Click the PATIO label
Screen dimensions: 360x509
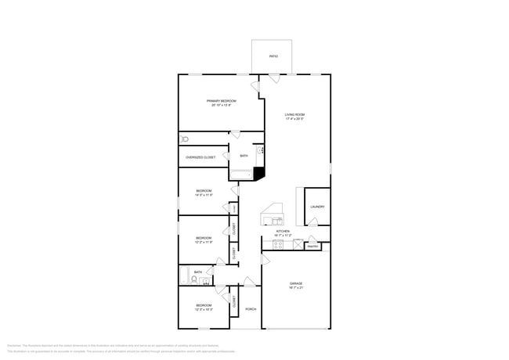pyautogui.click(x=273, y=56)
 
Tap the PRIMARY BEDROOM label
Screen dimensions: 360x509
pyautogui.click(x=222, y=101)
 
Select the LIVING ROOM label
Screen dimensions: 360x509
pyautogui.click(x=295, y=116)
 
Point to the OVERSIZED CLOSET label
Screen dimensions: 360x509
pyautogui.click(x=200, y=157)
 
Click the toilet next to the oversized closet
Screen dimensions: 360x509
pyautogui.click(x=185, y=139)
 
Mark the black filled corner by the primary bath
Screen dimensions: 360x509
pyautogui.click(x=259, y=175)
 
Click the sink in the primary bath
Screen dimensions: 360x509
pyautogui.click(x=261, y=149)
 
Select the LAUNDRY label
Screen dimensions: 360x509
pyautogui.click(x=316, y=207)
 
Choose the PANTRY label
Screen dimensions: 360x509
pyautogui.click(x=312, y=247)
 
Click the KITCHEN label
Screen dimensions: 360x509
pyautogui.click(x=283, y=232)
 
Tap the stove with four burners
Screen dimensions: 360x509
pyautogui.click(x=277, y=244)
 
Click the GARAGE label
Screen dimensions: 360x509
pyautogui.click(x=295, y=283)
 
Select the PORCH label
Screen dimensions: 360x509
pyautogui.click(x=251, y=309)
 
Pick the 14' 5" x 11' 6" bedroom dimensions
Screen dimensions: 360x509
pyautogui.click(x=204, y=195)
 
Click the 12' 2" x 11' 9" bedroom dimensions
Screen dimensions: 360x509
pyautogui.click(x=204, y=242)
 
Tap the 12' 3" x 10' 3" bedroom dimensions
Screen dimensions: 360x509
pyautogui.click(x=204, y=309)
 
